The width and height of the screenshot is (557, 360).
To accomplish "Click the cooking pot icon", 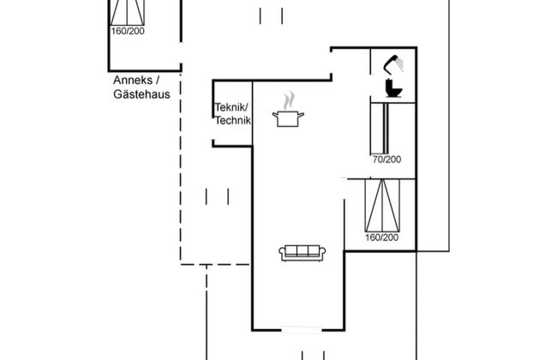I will pos(287,118).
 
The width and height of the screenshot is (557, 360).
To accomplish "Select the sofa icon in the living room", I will pos(301,252).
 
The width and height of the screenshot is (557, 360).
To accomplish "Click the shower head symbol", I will pos(395,62).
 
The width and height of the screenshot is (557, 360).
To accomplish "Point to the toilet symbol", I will pos(395,89).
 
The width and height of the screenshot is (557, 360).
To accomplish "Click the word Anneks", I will pos(131,81).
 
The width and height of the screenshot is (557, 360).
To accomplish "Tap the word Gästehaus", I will pos(141,94).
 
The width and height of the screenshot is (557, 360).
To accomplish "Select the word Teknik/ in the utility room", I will pos(231,107).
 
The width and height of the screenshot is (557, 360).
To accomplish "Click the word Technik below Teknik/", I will pos(232,121).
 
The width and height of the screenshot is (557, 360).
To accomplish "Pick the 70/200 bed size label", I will pos(386,159).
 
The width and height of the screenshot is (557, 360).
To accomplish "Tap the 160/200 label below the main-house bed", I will pos(381,237).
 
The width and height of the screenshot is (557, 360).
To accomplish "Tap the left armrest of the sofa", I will pos(282,253).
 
